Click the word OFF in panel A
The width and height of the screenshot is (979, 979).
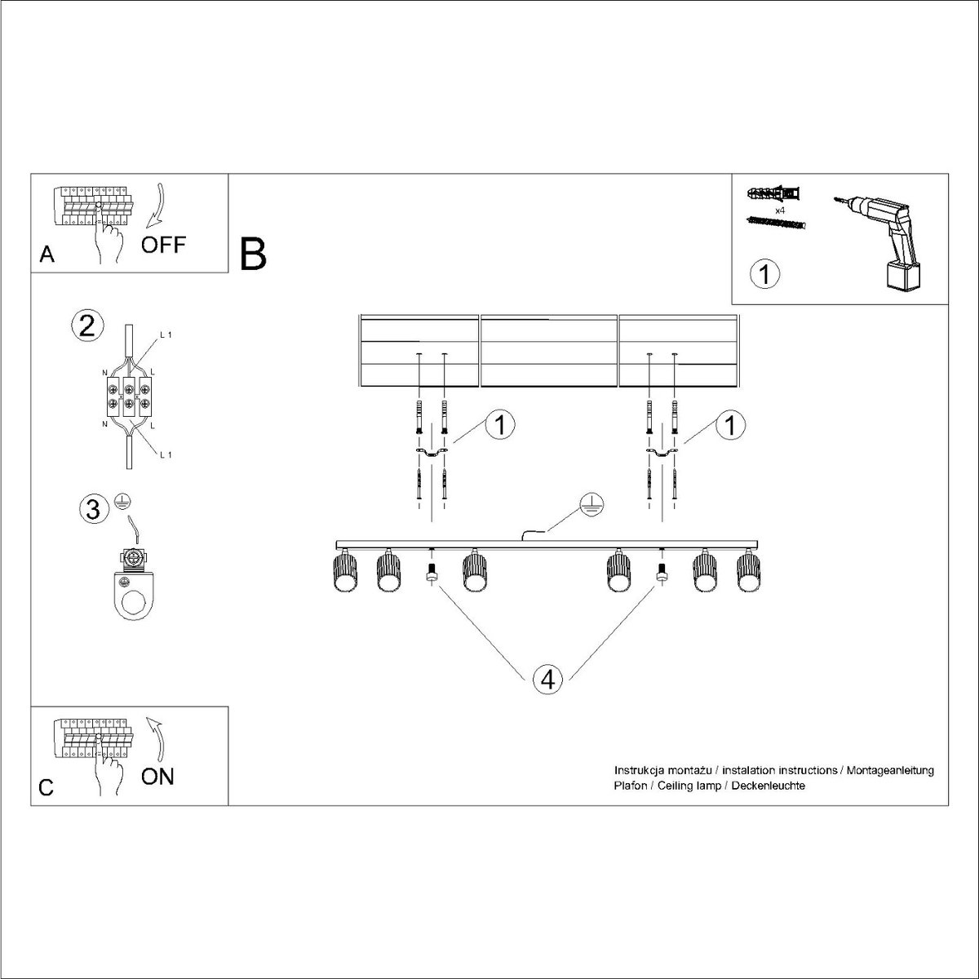click(x=164, y=245)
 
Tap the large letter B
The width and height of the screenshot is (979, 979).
click(x=253, y=254)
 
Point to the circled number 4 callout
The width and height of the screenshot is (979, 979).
click(x=547, y=680)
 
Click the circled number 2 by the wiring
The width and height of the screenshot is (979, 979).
click(x=87, y=326)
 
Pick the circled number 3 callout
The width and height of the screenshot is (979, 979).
click(x=94, y=510)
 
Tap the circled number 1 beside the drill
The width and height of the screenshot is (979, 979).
click(x=764, y=274)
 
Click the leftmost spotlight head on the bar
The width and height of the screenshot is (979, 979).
click(x=345, y=571)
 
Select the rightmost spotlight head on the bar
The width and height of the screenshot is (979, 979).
click(x=750, y=571)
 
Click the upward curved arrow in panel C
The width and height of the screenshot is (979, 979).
click(x=158, y=741)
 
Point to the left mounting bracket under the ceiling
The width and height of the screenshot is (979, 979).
click(x=432, y=452)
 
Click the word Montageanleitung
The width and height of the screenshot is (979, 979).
click(x=889, y=770)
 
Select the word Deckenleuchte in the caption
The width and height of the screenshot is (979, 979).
click(x=769, y=786)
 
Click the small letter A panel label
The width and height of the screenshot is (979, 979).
click(x=47, y=254)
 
